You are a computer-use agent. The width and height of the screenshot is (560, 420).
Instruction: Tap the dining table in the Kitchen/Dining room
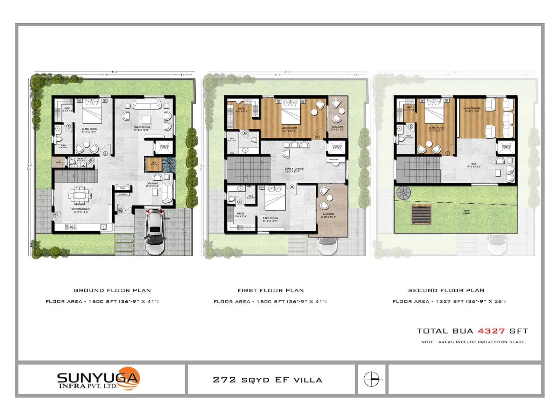click(x=81, y=195)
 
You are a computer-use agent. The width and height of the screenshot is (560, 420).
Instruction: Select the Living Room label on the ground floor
click(x=142, y=128)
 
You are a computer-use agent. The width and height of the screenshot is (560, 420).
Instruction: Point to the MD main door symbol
click(x=121, y=210)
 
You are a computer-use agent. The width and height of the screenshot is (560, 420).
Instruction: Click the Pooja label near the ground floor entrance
click(x=122, y=188)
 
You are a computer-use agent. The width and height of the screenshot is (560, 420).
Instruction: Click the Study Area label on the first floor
click(x=334, y=160)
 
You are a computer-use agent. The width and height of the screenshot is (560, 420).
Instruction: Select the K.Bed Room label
click(x=270, y=219)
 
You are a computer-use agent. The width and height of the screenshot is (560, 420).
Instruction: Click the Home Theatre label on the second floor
click(x=472, y=110)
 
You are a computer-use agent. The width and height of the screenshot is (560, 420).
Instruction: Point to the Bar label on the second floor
click(x=474, y=165)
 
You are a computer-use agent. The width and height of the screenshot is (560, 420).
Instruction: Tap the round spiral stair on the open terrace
click(x=404, y=193)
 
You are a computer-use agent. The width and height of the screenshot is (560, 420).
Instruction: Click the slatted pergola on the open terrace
click(x=421, y=215)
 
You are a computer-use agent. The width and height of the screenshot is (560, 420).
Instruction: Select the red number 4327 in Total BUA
click(x=491, y=331)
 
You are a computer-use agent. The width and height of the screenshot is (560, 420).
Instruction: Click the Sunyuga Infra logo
click(x=98, y=379)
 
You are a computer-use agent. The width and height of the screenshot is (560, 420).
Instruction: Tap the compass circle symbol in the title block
click(x=371, y=379)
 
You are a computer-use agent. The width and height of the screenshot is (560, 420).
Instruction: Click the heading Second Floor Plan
click(x=446, y=290)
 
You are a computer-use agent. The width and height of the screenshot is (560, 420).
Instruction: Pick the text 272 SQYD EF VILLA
click(x=267, y=380)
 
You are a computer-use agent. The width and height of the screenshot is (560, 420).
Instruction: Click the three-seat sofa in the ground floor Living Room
click(x=146, y=104)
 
